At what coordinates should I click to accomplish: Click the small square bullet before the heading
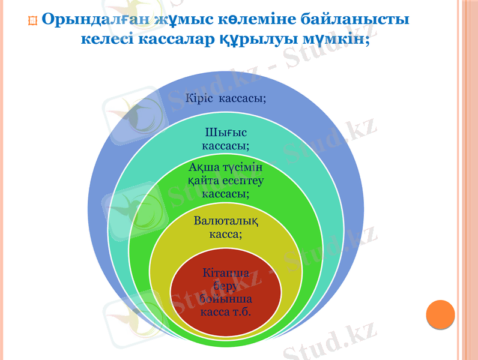[33, 21]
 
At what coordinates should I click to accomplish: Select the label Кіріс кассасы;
[226, 98]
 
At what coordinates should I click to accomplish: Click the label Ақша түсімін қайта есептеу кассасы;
[226, 179]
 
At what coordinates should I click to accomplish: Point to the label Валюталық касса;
[226, 227]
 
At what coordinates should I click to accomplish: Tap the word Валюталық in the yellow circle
[226, 221]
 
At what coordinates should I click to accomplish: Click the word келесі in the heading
[108, 40]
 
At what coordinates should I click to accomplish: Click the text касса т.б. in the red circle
[226, 312]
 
